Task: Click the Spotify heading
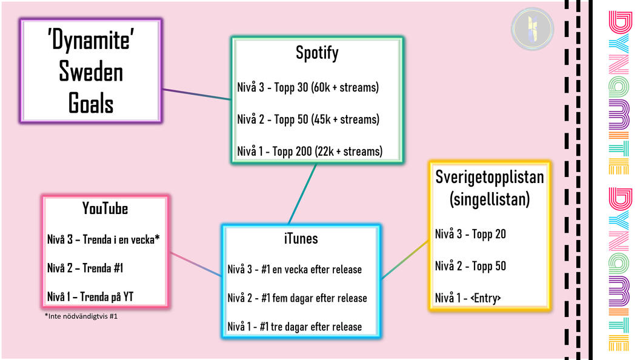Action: pos(317,53)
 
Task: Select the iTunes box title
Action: pos(301,238)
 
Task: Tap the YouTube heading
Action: pos(105,208)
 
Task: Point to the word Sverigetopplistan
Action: pos(489,178)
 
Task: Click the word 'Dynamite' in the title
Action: pos(91,40)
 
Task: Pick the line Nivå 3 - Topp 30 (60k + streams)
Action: pos(308,87)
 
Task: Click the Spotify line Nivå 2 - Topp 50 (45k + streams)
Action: pos(308,119)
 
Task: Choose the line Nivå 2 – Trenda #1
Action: pos(85,268)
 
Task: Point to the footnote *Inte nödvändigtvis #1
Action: pos(81,316)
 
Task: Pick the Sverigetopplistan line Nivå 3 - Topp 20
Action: pos(470,234)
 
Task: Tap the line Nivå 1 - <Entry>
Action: pos(468,298)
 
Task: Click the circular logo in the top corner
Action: pos(532,29)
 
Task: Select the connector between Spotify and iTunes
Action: pos(302,195)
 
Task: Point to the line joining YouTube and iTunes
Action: pos(196,264)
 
